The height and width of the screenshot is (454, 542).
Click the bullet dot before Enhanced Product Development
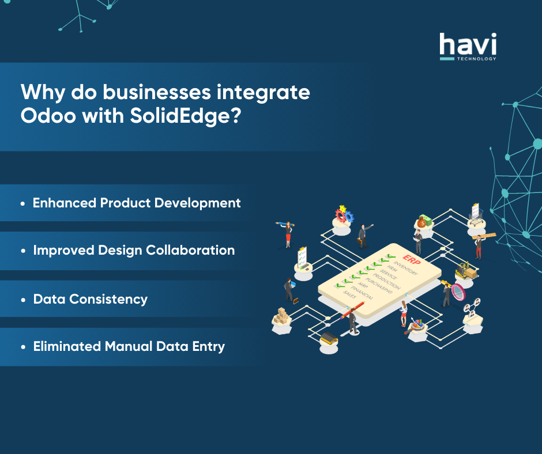click(23, 204)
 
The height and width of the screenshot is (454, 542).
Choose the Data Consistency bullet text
click(90, 299)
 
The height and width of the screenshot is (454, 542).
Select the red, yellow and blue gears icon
click(343, 215)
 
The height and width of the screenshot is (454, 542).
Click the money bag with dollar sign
click(423, 221)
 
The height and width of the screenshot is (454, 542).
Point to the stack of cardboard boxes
click(281, 316)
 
